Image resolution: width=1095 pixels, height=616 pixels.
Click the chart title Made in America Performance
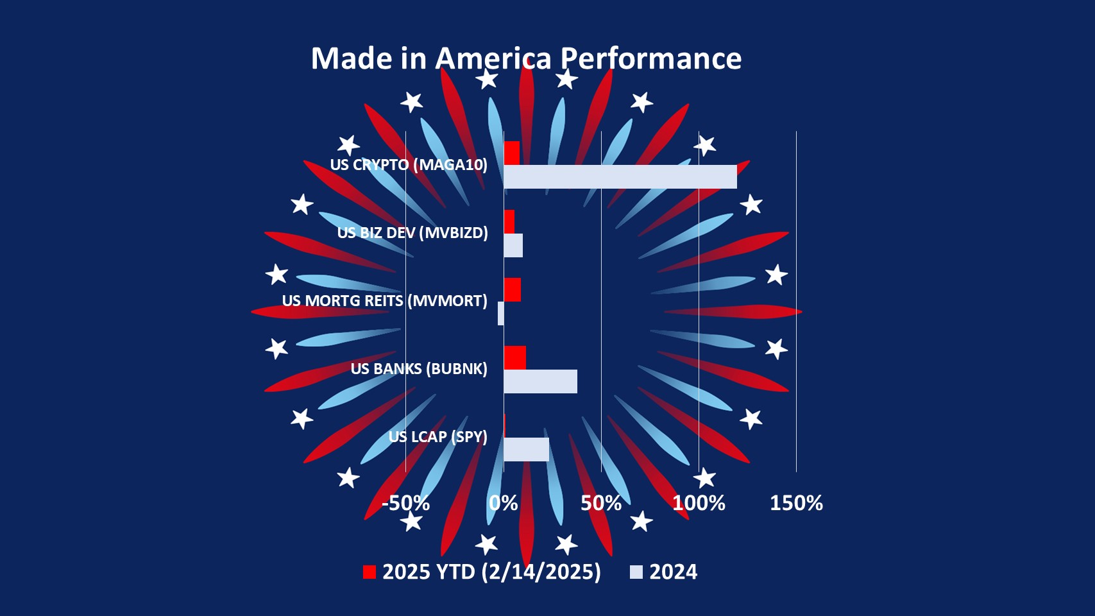(526, 58)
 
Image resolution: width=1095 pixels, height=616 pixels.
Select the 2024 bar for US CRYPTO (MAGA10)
(620, 176)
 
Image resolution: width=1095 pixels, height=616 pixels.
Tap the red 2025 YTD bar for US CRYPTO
(511, 153)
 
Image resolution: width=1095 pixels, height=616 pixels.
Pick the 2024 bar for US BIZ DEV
(513, 245)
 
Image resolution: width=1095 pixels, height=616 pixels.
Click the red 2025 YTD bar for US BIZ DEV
(509, 222)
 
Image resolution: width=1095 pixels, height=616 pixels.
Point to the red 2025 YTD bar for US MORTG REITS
(512, 289)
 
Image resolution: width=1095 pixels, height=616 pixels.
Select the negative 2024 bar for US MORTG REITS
(501, 313)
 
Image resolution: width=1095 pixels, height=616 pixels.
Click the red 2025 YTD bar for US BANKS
(514, 357)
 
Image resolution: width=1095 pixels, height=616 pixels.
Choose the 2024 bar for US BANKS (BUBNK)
(540, 381)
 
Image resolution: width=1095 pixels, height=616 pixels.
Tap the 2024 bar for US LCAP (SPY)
(526, 449)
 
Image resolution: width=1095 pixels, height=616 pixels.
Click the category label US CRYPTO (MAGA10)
(409, 165)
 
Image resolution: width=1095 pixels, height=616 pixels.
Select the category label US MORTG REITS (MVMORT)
(384, 301)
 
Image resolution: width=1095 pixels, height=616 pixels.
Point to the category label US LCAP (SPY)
(437, 437)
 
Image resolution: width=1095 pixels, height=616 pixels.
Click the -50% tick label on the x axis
(405, 503)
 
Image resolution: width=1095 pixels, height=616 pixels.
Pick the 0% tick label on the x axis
(504, 503)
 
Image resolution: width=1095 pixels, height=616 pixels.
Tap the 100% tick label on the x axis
(699, 503)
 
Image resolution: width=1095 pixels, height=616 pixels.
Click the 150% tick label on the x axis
(796, 503)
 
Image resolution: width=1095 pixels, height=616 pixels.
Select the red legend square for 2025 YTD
(369, 572)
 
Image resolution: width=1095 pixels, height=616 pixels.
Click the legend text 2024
(673, 572)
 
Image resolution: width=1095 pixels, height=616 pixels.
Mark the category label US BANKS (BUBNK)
(419, 369)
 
